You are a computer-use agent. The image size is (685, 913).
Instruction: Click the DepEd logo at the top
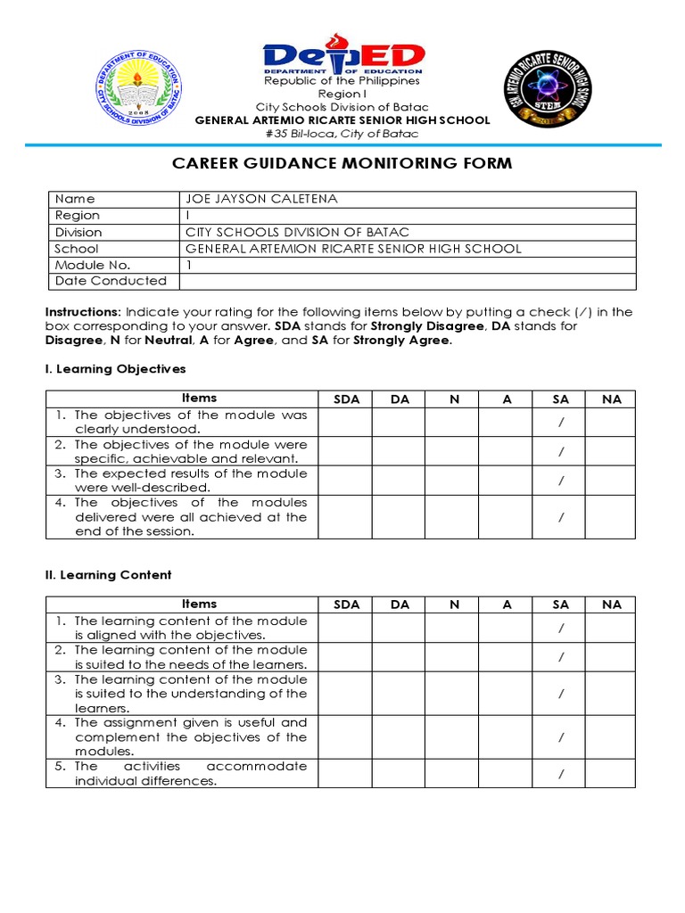[342, 55]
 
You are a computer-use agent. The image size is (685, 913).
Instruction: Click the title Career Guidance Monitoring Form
[342, 163]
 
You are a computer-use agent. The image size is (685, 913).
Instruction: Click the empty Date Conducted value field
[408, 281]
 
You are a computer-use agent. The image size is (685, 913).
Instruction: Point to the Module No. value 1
[189, 265]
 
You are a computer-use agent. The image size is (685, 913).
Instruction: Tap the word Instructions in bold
[82, 312]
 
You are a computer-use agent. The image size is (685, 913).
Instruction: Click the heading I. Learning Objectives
[115, 368]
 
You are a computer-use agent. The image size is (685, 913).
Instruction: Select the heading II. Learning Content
[108, 575]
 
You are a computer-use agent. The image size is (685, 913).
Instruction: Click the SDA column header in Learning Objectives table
[346, 399]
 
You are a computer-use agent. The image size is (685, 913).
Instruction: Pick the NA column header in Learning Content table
[611, 605]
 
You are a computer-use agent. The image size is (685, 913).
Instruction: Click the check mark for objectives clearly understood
[561, 423]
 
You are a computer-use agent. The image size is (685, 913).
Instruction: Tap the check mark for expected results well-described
[561, 481]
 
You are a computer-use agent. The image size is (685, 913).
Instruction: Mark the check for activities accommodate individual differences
[561, 774]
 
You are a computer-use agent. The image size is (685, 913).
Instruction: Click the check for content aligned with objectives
[561, 629]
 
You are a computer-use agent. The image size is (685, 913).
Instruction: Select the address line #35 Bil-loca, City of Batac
[342, 134]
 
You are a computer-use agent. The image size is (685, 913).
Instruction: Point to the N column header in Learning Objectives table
[453, 399]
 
